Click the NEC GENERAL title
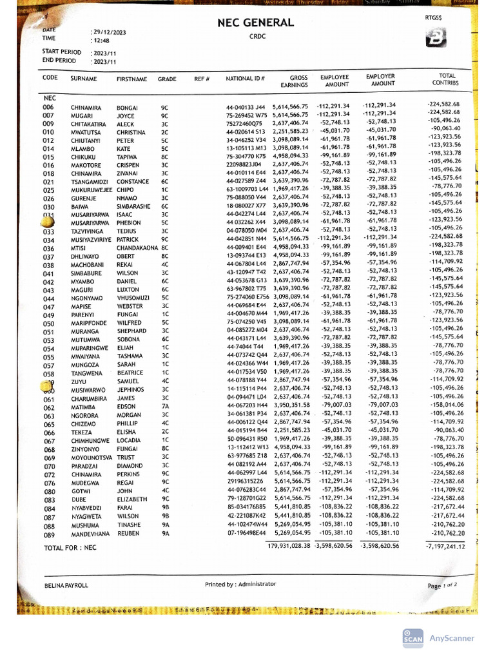(x=257, y=23)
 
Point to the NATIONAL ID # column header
(x=245, y=79)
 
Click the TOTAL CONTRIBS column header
(x=446, y=79)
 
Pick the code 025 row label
(x=49, y=190)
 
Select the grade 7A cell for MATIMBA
(x=165, y=406)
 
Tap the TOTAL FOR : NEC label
(x=70, y=548)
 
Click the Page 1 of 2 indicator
(x=442, y=586)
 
